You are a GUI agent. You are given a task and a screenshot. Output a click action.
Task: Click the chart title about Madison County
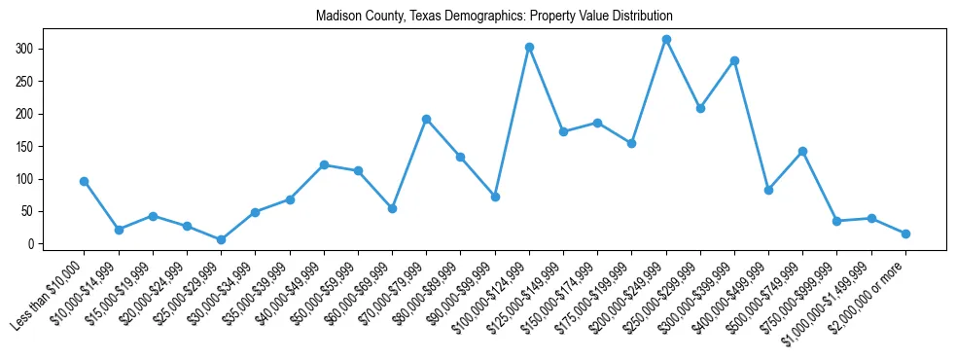(x=494, y=17)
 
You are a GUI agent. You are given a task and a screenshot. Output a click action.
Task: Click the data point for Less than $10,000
(x=85, y=181)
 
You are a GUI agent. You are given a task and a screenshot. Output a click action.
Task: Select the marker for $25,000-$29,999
(x=221, y=239)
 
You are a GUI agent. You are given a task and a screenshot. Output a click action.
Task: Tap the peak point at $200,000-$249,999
(x=666, y=40)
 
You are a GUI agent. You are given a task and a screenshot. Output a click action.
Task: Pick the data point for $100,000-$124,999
(x=529, y=47)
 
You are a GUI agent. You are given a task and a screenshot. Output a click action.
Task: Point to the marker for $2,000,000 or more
(x=905, y=234)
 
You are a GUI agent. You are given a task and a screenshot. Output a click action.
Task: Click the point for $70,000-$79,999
(x=426, y=119)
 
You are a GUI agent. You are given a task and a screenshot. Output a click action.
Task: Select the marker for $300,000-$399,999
(x=734, y=60)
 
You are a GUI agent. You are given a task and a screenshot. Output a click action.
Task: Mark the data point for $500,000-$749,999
(x=802, y=151)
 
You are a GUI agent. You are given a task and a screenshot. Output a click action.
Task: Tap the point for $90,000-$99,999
(x=495, y=197)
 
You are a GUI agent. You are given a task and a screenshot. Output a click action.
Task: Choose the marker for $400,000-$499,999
(x=768, y=190)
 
